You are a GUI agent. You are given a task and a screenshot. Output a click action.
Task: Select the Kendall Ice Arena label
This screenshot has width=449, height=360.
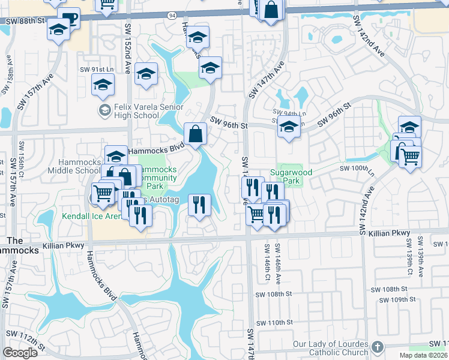(86, 216)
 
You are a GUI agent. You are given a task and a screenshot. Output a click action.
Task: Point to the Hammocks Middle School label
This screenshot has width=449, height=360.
(79, 167)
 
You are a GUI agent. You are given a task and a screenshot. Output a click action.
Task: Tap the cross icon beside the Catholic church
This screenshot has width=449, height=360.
(376, 347)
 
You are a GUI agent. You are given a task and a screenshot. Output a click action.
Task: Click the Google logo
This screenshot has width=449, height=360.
(20, 353)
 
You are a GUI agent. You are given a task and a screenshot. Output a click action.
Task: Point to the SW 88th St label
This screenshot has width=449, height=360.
(23, 20)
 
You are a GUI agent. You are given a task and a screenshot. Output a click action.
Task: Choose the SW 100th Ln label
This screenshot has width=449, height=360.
(367, 169)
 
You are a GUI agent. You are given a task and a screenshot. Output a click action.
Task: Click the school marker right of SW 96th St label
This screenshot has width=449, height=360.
(289, 127)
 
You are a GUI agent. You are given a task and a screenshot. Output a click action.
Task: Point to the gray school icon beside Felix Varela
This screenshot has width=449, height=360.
(104, 110)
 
